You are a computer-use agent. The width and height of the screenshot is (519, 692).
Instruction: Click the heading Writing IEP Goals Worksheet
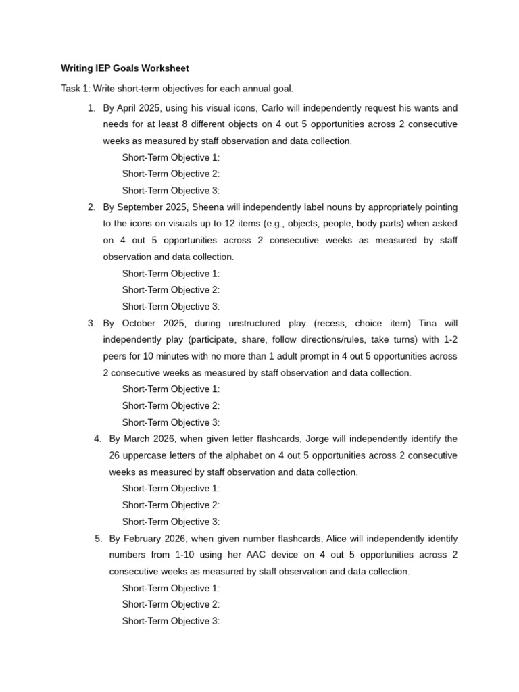(x=125, y=68)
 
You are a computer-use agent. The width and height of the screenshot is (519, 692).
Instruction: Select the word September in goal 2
(x=140, y=207)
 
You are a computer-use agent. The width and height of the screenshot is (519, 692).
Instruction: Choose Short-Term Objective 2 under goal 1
(x=170, y=174)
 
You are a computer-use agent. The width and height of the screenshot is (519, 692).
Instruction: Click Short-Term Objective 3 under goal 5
(x=170, y=621)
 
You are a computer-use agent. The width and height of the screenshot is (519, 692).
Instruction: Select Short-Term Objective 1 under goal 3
(x=170, y=389)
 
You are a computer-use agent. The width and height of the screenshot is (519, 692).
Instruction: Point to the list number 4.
(x=97, y=439)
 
